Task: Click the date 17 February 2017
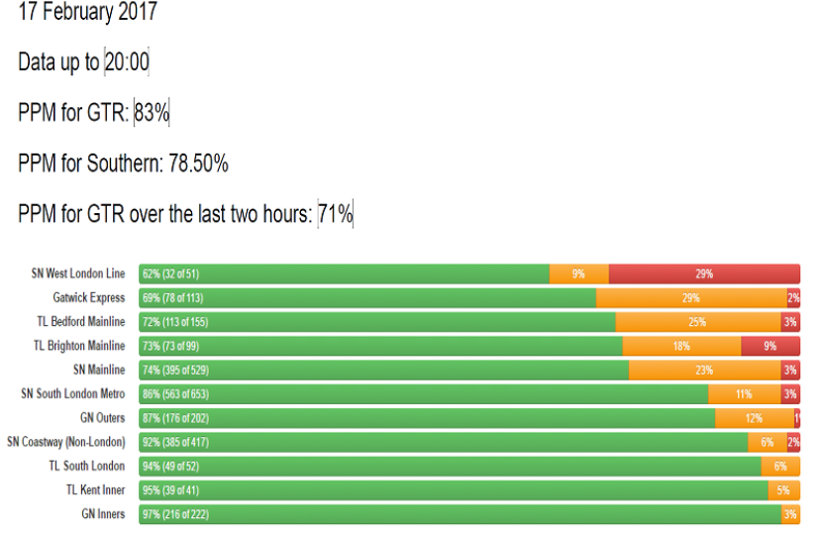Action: point(87,13)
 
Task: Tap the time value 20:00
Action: point(127,62)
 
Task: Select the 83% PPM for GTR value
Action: point(152,113)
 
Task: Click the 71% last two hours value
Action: point(336,213)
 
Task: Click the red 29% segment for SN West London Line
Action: point(704,274)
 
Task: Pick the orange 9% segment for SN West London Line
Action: point(578,274)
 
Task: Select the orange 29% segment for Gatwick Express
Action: point(691,298)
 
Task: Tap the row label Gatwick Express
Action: point(89,297)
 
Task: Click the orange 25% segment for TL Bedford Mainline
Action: point(697,322)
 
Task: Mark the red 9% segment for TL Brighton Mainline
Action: point(771,346)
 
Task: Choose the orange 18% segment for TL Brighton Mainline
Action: point(681,346)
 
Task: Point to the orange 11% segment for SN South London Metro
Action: point(744,394)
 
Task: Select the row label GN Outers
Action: point(103,418)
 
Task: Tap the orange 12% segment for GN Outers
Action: point(754,418)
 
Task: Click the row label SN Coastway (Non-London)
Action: point(66,442)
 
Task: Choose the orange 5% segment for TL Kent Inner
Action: point(782,490)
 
